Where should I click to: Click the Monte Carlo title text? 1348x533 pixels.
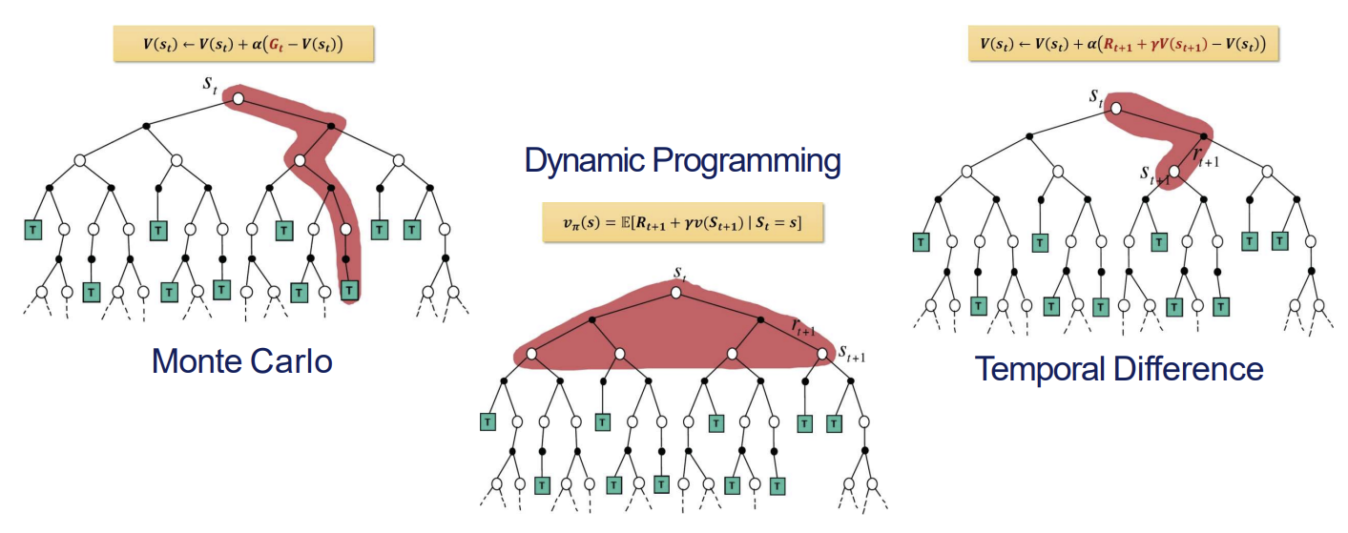pyautogui.click(x=242, y=360)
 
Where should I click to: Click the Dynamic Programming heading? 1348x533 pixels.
pyautogui.click(x=682, y=160)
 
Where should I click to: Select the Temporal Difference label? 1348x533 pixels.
pyautogui.click(x=1119, y=368)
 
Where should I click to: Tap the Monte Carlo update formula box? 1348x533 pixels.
pyautogui.click(x=242, y=44)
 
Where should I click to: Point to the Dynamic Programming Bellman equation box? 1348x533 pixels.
pyautogui.click(x=683, y=223)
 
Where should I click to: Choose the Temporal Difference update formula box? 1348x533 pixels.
pyautogui.click(x=1123, y=44)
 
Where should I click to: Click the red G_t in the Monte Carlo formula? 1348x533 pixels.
pyautogui.click(x=290, y=44)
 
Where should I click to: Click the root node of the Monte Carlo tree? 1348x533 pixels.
pyautogui.click(x=238, y=98)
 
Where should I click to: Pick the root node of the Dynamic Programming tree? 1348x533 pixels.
pyautogui.click(x=675, y=292)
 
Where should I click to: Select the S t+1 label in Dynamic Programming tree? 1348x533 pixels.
pyautogui.click(x=851, y=357)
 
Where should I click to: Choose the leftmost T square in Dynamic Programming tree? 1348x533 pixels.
pyautogui.click(x=487, y=420)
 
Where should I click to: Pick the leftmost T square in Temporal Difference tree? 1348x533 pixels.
pyautogui.click(x=921, y=242)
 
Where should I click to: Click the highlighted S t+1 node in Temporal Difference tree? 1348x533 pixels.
pyautogui.click(x=1174, y=172)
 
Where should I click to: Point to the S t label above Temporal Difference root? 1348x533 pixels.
pyautogui.click(x=1097, y=95)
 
